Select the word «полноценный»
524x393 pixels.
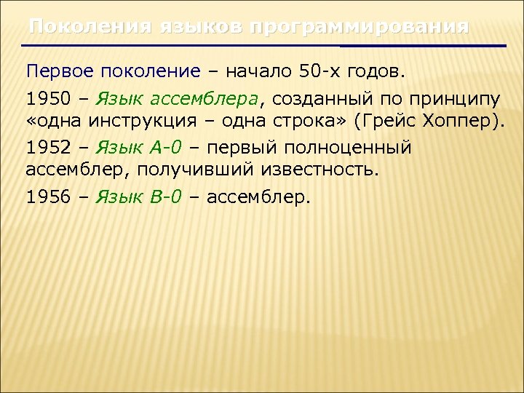351,148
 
